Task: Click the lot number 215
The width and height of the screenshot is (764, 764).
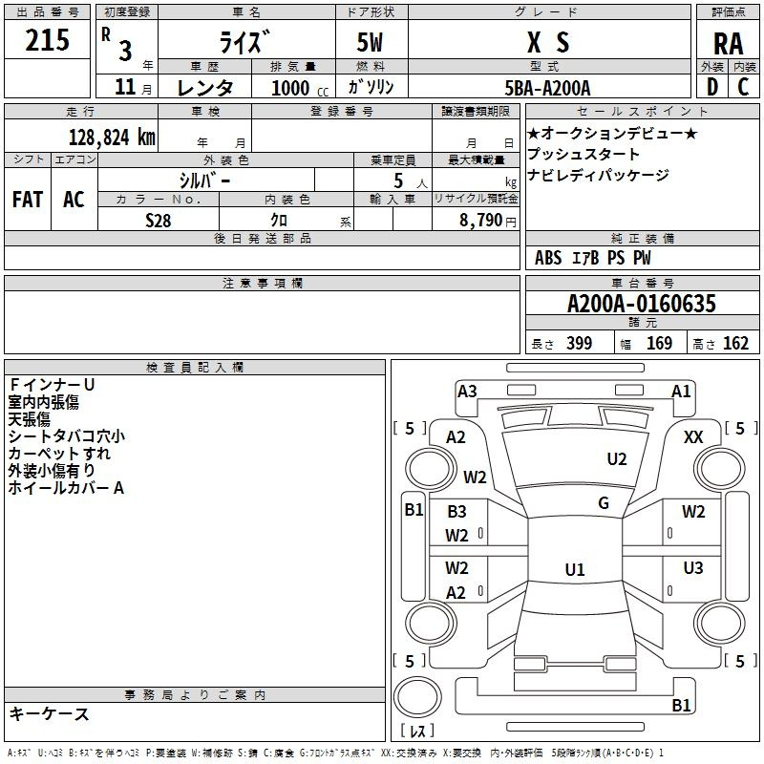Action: coord(47,40)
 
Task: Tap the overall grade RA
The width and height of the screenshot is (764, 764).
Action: coord(729,44)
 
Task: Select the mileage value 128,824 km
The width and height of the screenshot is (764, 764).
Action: coord(112,138)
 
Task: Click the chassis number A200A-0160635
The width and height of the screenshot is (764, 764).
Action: coord(642,304)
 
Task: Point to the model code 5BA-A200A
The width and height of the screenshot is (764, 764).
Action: coord(547,88)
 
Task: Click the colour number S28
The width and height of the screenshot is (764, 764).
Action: coord(159,221)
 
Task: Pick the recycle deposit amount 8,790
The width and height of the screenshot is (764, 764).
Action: coord(480,220)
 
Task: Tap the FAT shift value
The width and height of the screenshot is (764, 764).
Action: coord(28,200)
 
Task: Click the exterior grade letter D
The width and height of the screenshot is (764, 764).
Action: coord(712,87)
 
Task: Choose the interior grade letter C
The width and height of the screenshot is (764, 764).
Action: coord(743,87)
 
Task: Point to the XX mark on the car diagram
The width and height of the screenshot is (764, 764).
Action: coord(693,437)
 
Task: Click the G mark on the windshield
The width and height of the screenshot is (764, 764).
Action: coord(604,503)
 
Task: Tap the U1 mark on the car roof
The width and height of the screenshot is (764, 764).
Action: coord(575,569)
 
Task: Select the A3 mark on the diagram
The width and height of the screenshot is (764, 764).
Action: coord(467,392)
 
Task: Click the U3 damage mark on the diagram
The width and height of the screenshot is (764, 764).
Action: coord(693,567)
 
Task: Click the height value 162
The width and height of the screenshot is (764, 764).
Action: coord(735,343)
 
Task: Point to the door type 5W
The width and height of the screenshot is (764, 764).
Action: coord(370,42)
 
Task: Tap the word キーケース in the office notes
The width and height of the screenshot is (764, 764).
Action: coord(49,713)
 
